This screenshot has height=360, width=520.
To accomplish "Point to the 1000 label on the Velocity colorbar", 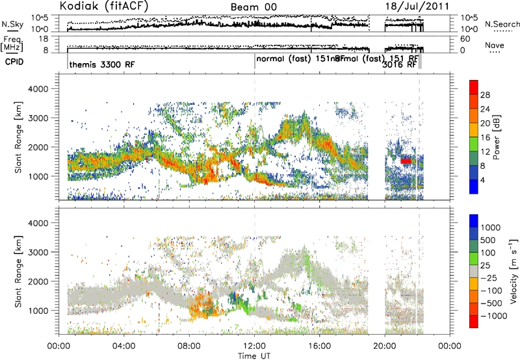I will (491, 229).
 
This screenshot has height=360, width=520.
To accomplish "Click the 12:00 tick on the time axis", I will (254, 344).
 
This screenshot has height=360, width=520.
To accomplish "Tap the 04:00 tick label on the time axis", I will (123, 344).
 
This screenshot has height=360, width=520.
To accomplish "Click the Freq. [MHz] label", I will (12, 44).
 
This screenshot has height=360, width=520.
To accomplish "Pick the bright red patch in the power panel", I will (406, 161).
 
